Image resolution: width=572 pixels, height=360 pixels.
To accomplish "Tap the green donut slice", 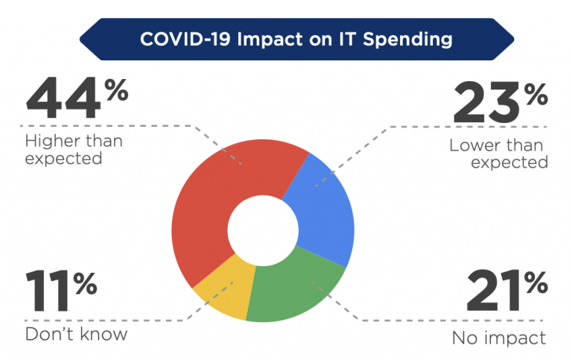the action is (292, 292).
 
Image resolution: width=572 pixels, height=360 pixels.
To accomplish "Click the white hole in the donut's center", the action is (263, 230).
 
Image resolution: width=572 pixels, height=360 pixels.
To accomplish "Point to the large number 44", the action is (63, 98).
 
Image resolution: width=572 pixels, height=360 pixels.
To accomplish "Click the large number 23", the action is (486, 103).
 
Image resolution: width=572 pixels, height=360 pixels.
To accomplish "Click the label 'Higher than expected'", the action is (74, 150).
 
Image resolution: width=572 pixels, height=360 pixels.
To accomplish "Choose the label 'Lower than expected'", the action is (498, 154).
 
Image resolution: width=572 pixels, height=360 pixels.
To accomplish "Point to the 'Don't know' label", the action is (76, 334).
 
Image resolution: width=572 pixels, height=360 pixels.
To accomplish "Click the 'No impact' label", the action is (499, 338).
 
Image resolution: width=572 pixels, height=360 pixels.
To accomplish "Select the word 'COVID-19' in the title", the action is (185, 39).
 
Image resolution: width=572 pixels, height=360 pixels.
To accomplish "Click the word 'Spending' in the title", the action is (408, 40).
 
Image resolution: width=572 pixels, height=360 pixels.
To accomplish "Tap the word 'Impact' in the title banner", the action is (270, 40).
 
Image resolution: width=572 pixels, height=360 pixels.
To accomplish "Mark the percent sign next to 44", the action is (117, 90).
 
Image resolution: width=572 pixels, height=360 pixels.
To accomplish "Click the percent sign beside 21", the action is (536, 282).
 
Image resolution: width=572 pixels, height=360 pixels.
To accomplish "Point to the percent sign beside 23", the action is (536, 94).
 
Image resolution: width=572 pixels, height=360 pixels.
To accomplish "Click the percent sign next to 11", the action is (85, 283).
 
